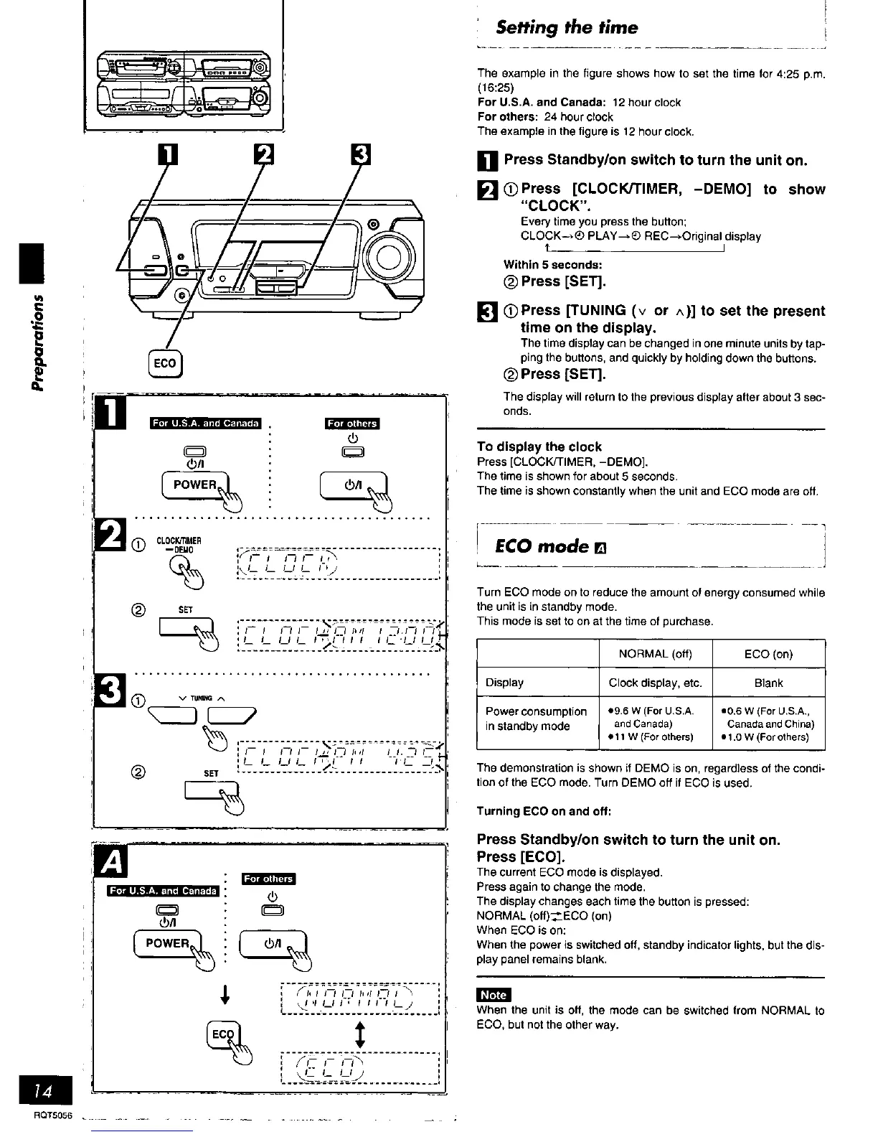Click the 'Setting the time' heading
567,28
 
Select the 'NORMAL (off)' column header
655,654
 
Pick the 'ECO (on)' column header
768,654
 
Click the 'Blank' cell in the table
768,683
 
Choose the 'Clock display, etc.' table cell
655,683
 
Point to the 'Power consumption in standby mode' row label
536,719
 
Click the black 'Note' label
493,995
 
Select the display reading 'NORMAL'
359,998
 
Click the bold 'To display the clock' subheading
539,446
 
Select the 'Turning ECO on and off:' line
544,811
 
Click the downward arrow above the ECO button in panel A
225,995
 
